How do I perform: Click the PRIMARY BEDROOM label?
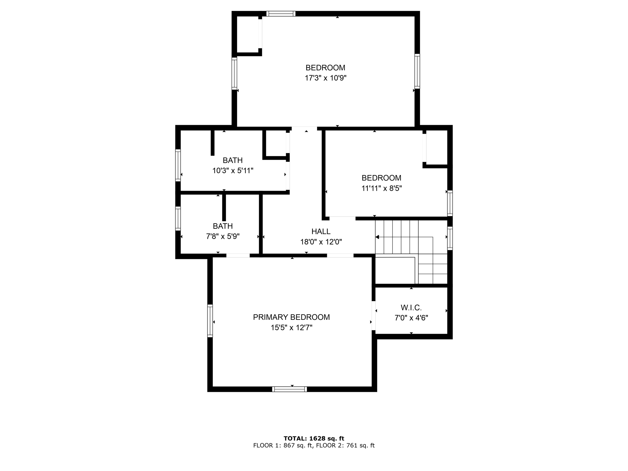click(x=291, y=317)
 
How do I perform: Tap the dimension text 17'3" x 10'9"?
click(x=325, y=78)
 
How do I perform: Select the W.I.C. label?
click(x=411, y=308)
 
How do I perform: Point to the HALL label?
click(x=321, y=232)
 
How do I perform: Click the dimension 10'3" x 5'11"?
click(x=233, y=170)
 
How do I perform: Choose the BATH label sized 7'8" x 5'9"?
click(x=223, y=226)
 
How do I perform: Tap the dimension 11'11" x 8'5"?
click(x=381, y=188)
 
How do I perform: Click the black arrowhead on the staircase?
click(x=377, y=237)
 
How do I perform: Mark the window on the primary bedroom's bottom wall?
click(x=289, y=389)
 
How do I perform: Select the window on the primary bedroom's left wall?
click(x=210, y=321)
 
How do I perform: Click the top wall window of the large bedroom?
click(x=281, y=13)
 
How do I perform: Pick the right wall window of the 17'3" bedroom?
click(x=417, y=71)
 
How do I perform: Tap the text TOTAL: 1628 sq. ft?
click(x=314, y=438)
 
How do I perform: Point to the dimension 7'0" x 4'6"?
click(x=411, y=318)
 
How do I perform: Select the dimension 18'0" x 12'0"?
click(x=321, y=242)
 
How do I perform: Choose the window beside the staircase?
click(x=450, y=238)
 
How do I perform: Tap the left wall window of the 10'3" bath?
click(x=178, y=165)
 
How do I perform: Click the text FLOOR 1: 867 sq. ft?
click(x=282, y=446)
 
